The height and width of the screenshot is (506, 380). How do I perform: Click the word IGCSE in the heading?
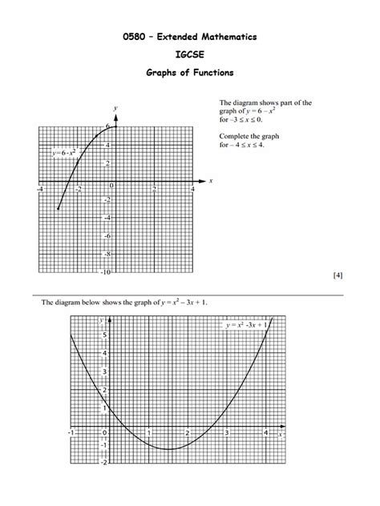[x=189, y=55]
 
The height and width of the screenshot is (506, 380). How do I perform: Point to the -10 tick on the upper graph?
[x=106, y=272]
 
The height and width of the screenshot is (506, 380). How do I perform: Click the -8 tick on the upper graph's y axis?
[x=107, y=254]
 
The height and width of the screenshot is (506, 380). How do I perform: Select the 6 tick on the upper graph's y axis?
[x=108, y=127]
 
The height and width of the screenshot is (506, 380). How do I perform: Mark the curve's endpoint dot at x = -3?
[x=59, y=209]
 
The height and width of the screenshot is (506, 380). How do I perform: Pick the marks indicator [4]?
[x=338, y=275]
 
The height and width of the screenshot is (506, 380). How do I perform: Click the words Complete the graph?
[x=248, y=136]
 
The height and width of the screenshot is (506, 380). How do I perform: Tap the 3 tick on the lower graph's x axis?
[x=228, y=433]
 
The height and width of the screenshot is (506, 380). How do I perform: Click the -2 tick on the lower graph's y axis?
[x=103, y=462]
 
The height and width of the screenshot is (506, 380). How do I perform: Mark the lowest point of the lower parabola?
[x=168, y=448]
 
